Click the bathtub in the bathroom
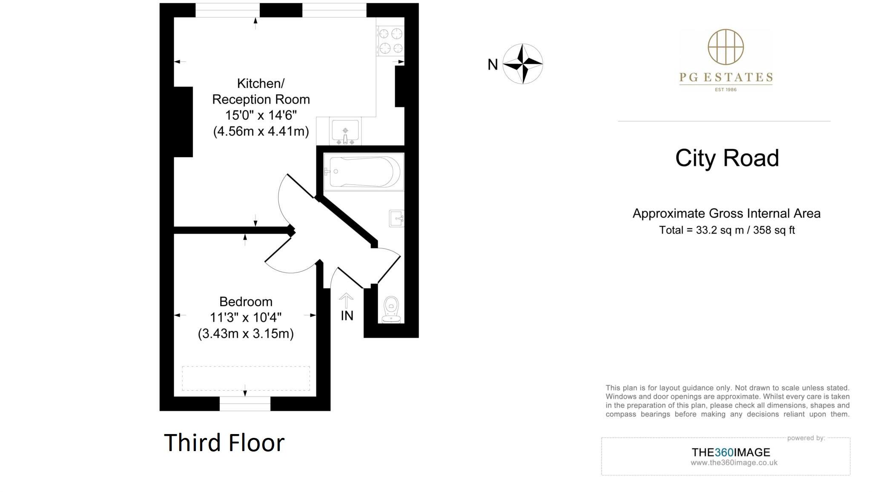[363, 172]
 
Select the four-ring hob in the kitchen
[390, 40]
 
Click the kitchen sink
[345, 131]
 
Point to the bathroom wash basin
[396, 219]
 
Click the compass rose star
[522, 64]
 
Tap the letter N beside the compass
[493, 65]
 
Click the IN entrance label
[347, 316]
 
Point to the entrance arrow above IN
[346, 300]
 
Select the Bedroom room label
[246, 302]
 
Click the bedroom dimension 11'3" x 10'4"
[246, 318]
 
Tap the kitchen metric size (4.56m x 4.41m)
[261, 131]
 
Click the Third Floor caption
[224, 443]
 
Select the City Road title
[727, 158]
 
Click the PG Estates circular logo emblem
[726, 47]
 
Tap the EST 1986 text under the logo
[726, 89]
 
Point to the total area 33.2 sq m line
[727, 230]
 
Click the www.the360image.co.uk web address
[734, 463]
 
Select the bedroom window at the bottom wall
[245, 403]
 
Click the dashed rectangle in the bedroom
[246, 378]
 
